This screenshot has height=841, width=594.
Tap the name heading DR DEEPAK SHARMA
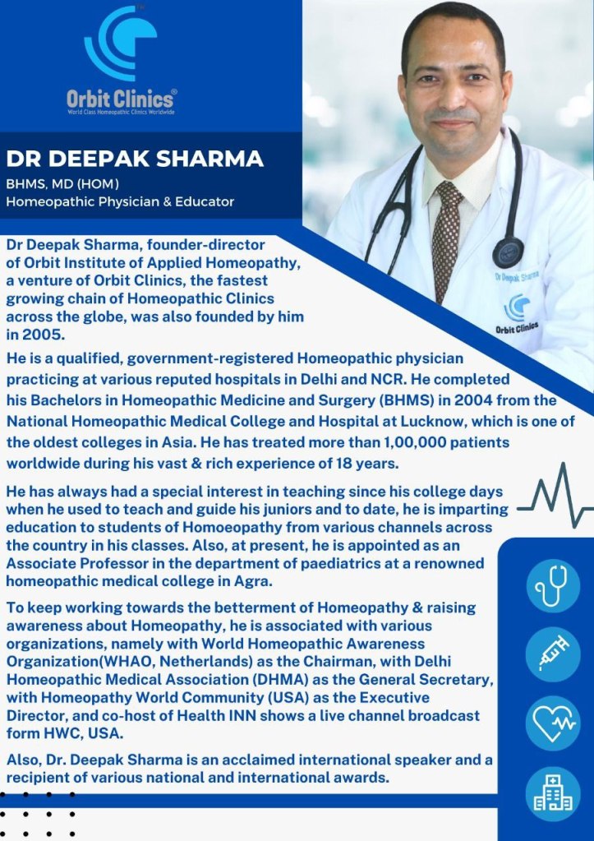[x=135, y=159]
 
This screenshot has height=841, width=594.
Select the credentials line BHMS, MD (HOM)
[x=63, y=183]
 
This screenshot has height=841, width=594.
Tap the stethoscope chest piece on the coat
[x=508, y=252]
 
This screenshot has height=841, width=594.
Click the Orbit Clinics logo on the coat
[x=517, y=312]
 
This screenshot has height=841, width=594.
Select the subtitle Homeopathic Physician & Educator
[x=121, y=201]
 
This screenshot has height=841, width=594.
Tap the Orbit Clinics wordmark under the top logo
[x=121, y=99]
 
